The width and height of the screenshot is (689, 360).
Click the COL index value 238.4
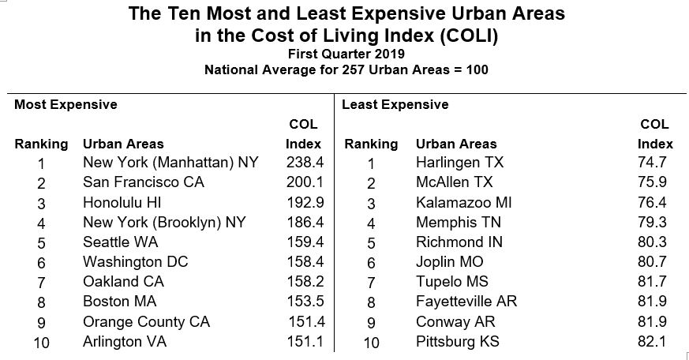point(304,163)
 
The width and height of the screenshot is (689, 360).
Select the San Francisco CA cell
point(143,182)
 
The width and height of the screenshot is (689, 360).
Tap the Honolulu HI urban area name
point(122,202)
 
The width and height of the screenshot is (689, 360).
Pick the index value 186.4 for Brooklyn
point(304,223)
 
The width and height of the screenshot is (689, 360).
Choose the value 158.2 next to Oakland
point(304,282)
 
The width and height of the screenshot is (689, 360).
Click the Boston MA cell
point(119,302)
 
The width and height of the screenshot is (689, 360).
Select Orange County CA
point(146,322)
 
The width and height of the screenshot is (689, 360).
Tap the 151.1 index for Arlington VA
point(304,342)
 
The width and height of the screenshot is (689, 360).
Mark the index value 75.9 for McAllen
point(655,182)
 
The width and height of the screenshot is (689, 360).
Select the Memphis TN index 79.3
point(655,223)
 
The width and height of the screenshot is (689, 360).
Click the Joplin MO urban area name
point(449,262)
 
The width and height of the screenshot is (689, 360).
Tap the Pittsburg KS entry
point(457,342)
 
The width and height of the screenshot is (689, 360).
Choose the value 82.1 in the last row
point(655,342)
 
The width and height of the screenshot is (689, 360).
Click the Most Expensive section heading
point(66,104)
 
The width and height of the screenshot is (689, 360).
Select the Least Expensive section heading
point(395,104)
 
